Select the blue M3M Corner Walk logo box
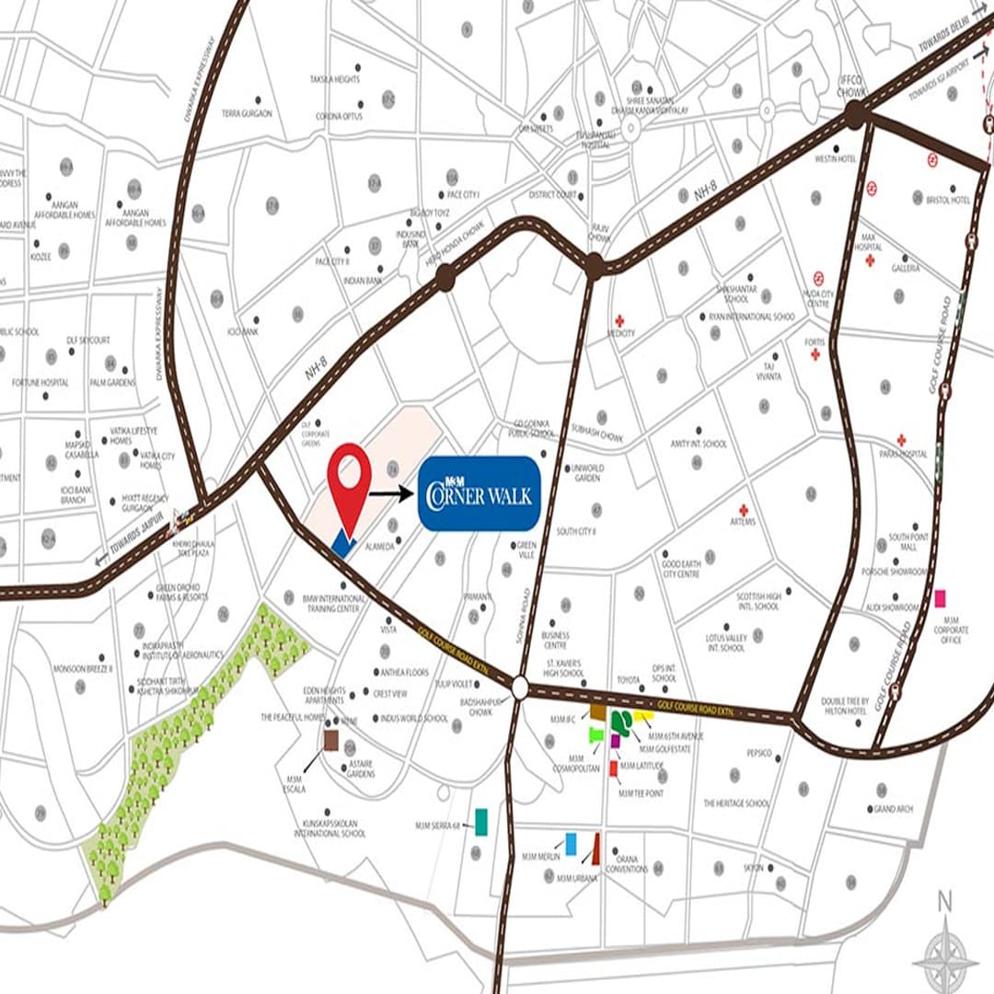coord(479,493)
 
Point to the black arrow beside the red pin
coord(392,494)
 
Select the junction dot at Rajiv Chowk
coord(594,267)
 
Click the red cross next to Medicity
coord(619,320)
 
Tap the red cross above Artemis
coord(743,510)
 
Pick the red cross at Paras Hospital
coord(901,440)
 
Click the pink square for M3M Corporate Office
coord(940,598)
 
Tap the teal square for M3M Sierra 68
coord(480,821)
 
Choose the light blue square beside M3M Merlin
coord(572,843)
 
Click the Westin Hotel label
coord(836,159)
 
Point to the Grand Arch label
coord(893,809)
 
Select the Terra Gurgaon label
coord(247,113)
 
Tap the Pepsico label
coord(759,753)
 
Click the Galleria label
coord(906,269)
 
